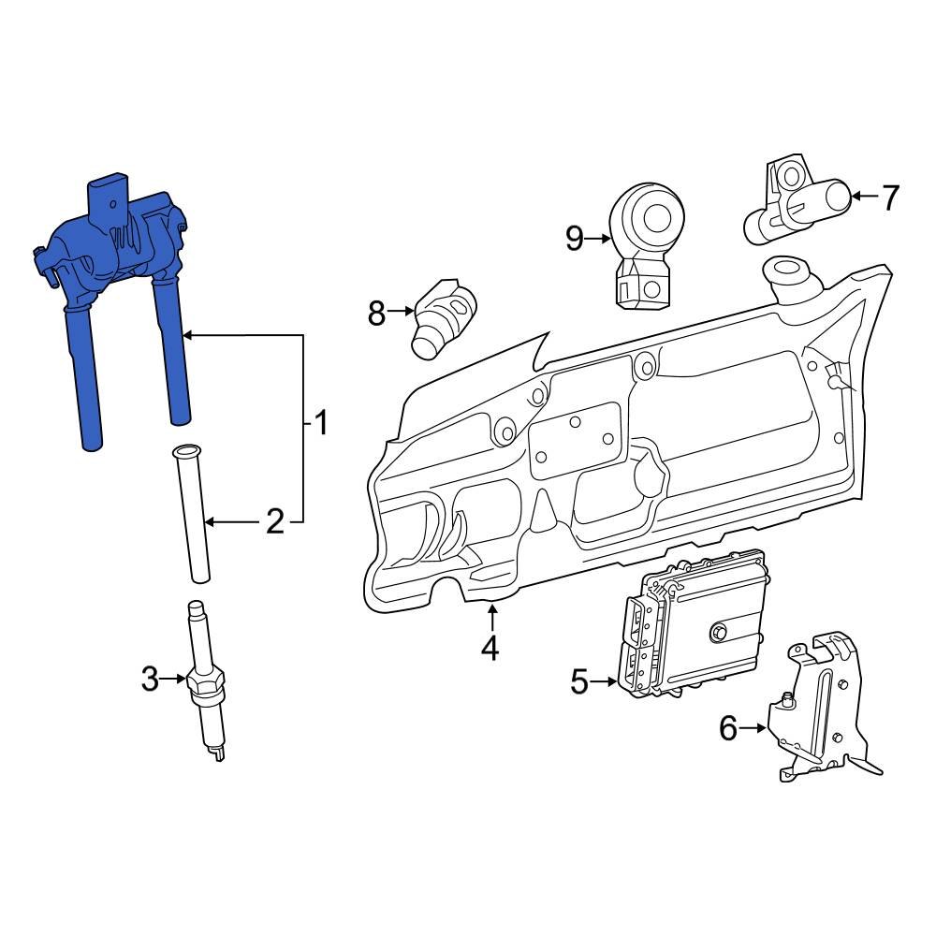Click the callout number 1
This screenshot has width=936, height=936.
tap(320, 424)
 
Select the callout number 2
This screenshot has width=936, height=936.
tap(273, 521)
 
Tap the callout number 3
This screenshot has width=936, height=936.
tap(151, 680)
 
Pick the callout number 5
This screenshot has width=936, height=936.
tap(579, 681)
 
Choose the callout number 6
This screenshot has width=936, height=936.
tap(729, 727)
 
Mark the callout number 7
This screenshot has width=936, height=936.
tap(889, 197)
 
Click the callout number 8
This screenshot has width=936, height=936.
tap(376, 313)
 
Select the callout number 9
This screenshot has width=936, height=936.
tap(575, 239)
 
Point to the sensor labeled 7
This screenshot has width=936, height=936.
tap(796, 201)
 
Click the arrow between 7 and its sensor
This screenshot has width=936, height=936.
tap(864, 197)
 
